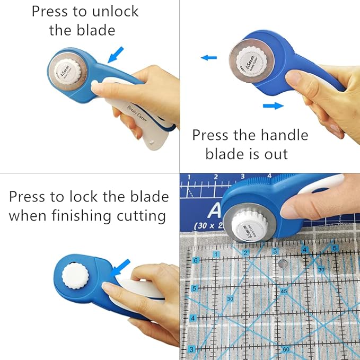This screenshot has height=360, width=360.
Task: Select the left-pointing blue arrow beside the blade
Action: (209, 57)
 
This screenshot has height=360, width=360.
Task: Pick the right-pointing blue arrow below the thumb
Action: (273, 106)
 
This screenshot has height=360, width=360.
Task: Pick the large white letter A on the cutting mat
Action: (214, 210)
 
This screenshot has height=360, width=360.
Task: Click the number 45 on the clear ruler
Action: (284, 292)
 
